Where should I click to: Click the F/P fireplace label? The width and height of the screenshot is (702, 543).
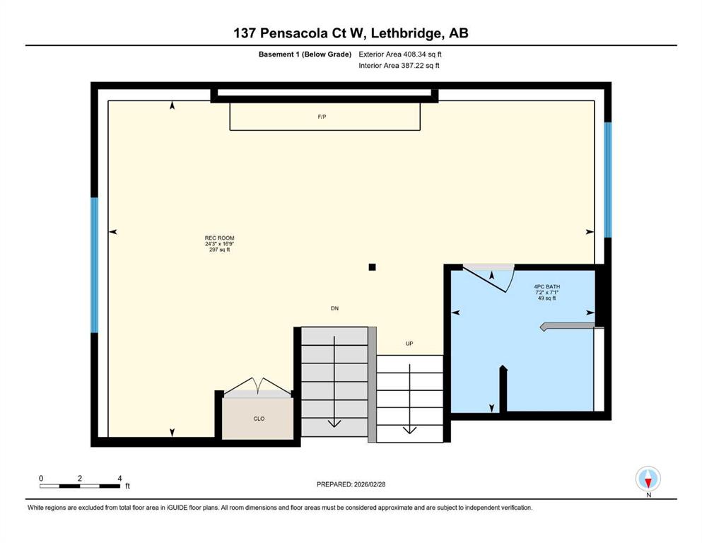tap(322, 117)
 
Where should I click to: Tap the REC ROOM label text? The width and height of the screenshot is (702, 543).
tap(219, 238)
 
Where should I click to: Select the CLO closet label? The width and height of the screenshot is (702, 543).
tap(259, 419)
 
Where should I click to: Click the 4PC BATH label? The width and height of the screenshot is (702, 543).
tap(546, 286)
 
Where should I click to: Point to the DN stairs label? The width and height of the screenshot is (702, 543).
tap(334, 308)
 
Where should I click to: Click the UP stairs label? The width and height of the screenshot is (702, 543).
tap(409, 344)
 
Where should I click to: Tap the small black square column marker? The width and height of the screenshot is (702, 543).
tap(372, 267)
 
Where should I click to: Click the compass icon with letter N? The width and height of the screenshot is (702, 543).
tap(648, 480)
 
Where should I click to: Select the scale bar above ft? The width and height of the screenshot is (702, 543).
tap(80, 486)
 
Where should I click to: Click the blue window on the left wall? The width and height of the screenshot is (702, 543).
tap(95, 265)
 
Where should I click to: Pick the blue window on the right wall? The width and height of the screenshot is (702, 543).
tap(607, 180)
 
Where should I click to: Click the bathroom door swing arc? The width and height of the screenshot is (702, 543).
tap(510, 279)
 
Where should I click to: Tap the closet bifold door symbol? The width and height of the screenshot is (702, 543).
tap(258, 387)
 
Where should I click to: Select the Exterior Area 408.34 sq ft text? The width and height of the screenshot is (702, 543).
tap(400, 54)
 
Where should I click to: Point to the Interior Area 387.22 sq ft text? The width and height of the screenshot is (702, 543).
tap(399, 65)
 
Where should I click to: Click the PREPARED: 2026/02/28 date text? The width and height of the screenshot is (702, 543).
tap(351, 484)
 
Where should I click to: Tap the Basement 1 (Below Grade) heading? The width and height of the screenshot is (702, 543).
tap(305, 54)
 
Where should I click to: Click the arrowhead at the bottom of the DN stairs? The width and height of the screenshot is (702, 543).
tap(334, 423)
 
